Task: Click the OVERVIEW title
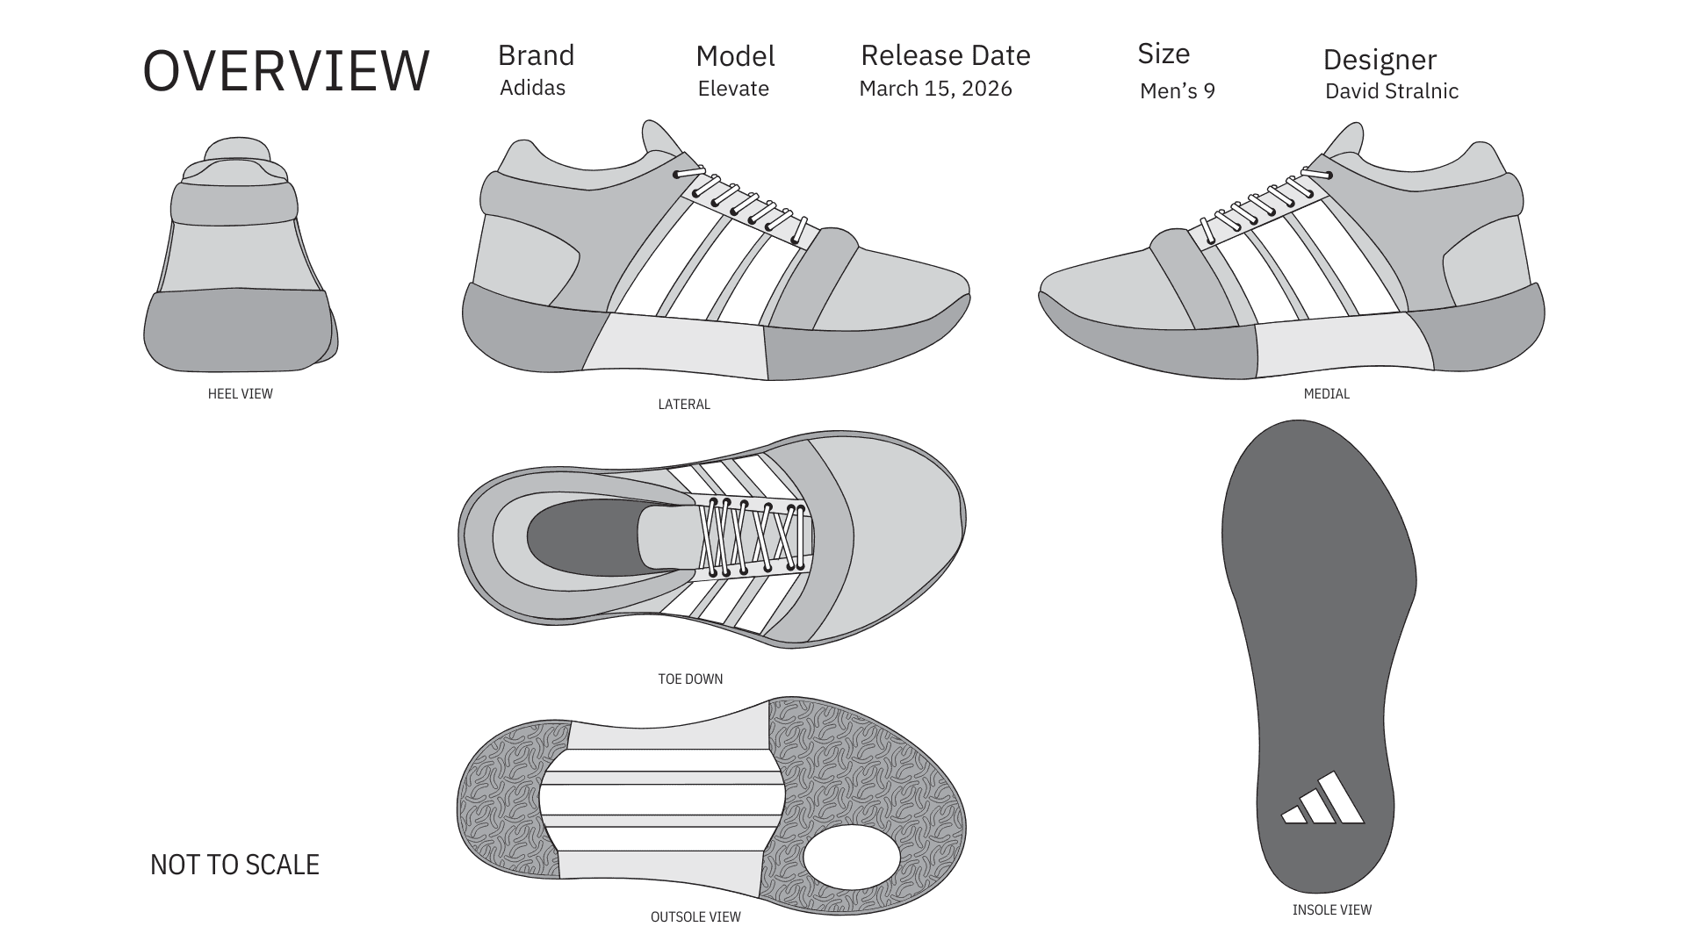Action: (286, 71)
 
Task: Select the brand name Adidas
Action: (532, 88)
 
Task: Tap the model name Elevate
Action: (733, 89)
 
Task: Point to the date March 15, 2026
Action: (935, 89)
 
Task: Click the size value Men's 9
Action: (1177, 91)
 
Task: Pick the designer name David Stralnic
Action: (1391, 91)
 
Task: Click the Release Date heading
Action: (945, 55)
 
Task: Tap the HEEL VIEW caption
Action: (240, 394)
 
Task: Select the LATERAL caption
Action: (684, 405)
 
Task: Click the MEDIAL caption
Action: (1326, 394)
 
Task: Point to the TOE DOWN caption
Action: (690, 679)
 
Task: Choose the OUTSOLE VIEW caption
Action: (695, 917)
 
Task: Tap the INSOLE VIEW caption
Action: (1331, 910)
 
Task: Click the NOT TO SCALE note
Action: (234, 865)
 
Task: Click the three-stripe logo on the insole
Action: (1323, 800)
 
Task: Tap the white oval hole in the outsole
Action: (851, 857)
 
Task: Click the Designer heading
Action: (1380, 60)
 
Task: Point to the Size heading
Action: (1164, 54)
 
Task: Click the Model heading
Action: (735, 56)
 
